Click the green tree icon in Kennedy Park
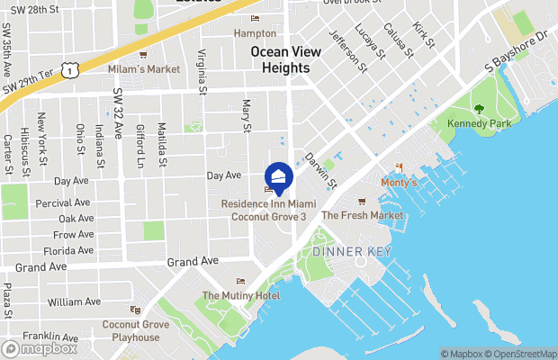tap(479, 109)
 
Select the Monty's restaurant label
tap(400, 183)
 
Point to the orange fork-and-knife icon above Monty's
tap(399, 168)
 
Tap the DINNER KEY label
tap(352, 252)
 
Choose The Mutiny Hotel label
tap(240, 295)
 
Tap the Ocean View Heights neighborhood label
tap(286, 59)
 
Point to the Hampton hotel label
tap(255, 32)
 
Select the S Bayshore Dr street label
tap(516, 52)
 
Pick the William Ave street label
tap(75, 301)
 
